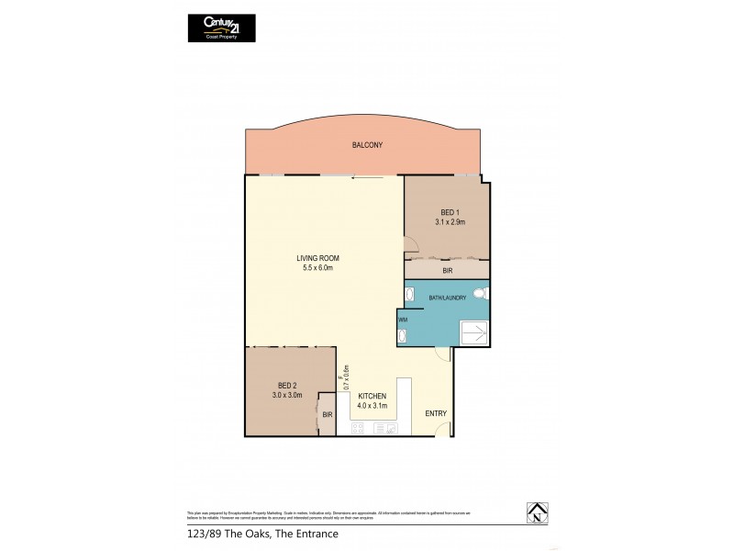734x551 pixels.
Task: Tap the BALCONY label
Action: [367, 145]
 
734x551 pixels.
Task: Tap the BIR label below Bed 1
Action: [447, 271]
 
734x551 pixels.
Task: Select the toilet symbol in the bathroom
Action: [483, 294]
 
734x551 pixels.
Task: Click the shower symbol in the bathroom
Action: [475, 332]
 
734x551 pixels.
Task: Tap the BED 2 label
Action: [287, 385]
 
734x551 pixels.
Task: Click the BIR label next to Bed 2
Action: [327, 414]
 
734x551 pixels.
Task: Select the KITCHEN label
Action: [373, 396]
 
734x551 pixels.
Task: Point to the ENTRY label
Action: [436, 413]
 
